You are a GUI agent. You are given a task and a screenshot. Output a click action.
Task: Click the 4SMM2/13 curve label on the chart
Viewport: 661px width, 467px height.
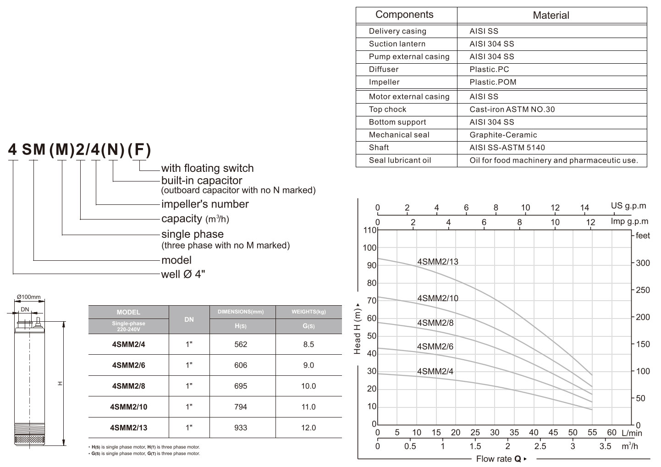(x=437, y=262)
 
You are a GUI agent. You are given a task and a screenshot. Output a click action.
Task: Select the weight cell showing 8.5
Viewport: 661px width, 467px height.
(x=308, y=344)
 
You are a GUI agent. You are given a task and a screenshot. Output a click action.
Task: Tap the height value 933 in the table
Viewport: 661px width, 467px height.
(x=241, y=428)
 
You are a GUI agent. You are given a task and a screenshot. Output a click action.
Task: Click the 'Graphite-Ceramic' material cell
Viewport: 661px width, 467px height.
(x=503, y=135)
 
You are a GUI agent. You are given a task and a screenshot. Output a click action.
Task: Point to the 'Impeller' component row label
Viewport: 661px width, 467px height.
(x=384, y=82)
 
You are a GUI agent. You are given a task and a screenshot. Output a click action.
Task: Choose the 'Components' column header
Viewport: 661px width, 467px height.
(x=404, y=15)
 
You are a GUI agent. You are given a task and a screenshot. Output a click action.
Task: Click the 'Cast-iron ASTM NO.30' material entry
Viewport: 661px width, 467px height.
(x=512, y=109)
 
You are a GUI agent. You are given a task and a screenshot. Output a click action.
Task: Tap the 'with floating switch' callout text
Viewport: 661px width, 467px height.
(x=207, y=168)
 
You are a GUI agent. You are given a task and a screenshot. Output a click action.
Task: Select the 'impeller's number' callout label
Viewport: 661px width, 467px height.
(x=205, y=204)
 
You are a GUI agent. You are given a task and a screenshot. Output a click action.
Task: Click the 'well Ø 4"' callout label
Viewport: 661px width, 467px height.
(x=183, y=274)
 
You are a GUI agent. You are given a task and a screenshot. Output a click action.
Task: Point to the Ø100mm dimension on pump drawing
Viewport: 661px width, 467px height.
(x=28, y=297)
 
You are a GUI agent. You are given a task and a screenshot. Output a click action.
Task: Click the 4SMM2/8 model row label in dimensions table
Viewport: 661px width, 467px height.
(x=128, y=386)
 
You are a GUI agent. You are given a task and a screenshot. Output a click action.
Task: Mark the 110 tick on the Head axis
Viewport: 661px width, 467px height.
(x=370, y=230)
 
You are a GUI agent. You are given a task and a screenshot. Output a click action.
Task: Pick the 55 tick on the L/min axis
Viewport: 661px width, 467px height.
(x=592, y=432)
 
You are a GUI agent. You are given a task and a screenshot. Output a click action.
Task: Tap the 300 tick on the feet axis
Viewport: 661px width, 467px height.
(x=643, y=263)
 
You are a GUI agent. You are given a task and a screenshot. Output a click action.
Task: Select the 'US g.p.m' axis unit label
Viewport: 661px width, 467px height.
(x=628, y=206)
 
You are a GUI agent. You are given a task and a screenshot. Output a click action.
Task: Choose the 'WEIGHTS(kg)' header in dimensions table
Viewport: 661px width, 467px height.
(x=308, y=312)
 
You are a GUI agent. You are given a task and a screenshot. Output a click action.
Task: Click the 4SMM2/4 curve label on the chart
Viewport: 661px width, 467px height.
(x=435, y=371)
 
